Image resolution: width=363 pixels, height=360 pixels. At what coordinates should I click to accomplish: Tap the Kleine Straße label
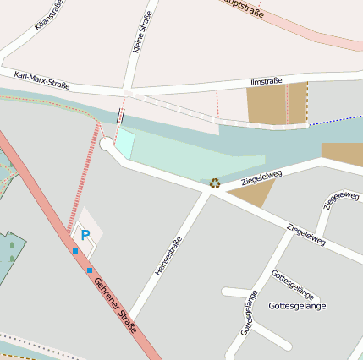click(143, 32)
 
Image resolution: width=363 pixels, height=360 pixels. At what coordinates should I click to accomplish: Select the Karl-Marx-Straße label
click(41, 80)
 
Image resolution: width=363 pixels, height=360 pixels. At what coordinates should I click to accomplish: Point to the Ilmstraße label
click(267, 82)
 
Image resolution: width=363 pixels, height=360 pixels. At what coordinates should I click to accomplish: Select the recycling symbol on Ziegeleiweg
click(215, 182)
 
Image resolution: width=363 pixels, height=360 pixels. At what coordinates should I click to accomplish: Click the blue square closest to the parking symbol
click(75, 250)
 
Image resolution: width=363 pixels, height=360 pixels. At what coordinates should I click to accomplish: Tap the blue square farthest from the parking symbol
click(90, 270)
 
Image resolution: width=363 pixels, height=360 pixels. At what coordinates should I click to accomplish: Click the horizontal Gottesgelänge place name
click(296, 305)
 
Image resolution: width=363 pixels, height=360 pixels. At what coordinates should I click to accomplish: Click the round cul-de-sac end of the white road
click(107, 144)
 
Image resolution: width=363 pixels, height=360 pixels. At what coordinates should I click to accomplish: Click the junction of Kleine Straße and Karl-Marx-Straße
click(128, 91)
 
